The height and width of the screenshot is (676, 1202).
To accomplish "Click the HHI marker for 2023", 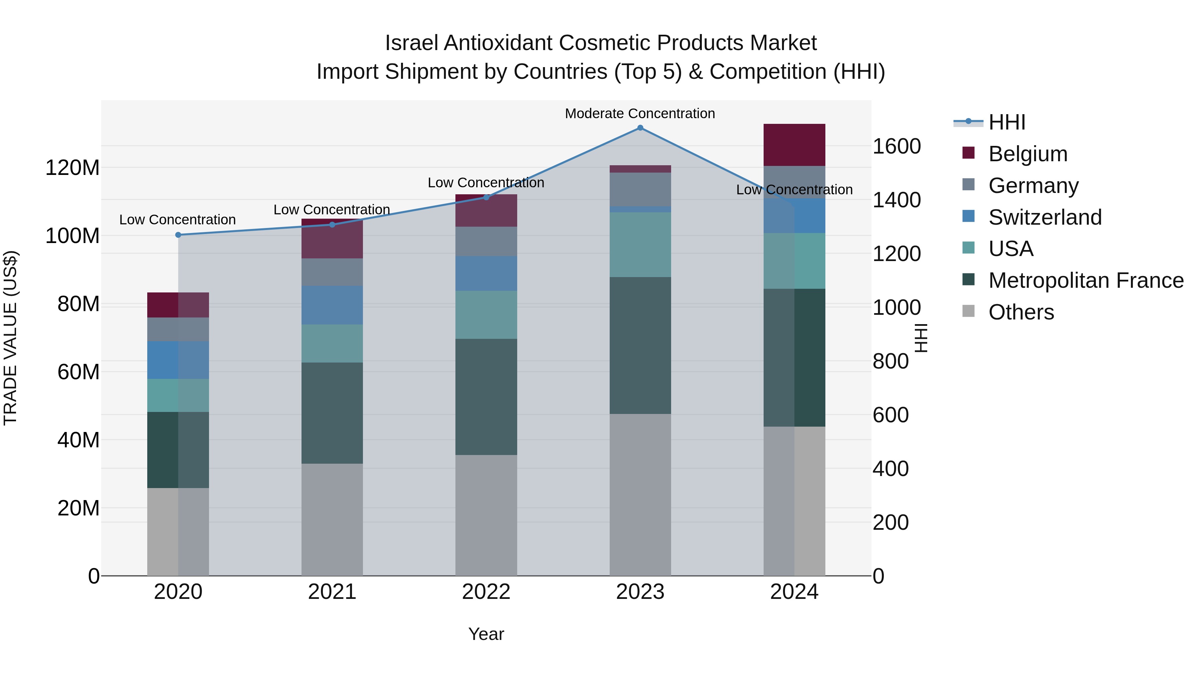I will pos(640,128).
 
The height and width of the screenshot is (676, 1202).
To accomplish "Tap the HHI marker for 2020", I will pos(178,235).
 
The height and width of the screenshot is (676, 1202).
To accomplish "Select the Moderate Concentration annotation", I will pos(640,114).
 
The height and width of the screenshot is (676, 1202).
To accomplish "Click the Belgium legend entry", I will pos(1027,154).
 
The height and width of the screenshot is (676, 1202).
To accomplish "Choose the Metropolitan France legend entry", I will pos(1085,280).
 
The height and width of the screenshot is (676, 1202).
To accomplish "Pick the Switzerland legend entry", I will pos(1044,217).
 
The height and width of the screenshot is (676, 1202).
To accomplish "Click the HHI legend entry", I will pos(1006,122).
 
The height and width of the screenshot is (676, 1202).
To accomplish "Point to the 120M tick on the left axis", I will pos(72,168).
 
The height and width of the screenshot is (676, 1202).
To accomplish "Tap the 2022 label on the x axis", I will pos(486,592).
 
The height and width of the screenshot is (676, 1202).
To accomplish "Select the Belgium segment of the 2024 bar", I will pos(794,145).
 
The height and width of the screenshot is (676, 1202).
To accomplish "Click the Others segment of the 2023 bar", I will pos(640,494).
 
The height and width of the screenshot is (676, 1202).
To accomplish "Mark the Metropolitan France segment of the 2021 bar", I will pos(332,413).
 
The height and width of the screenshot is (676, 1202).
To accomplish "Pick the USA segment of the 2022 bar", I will pos(486,315).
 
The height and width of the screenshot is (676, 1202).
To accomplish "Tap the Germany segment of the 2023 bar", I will pos(640,189).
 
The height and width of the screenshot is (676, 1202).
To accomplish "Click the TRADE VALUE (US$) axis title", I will pos(10,338).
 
